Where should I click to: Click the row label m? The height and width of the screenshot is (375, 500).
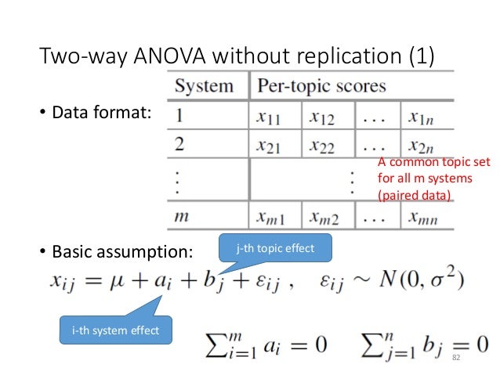click(182, 216)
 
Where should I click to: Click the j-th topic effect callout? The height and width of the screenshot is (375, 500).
click(274, 248)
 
